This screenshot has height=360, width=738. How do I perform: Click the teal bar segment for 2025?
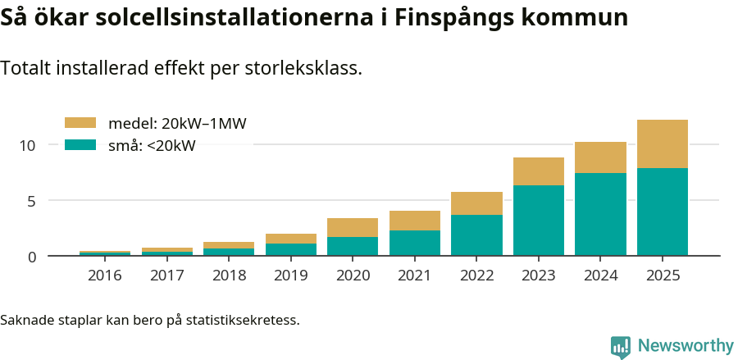point(662,212)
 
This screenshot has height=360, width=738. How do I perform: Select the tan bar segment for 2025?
point(662,144)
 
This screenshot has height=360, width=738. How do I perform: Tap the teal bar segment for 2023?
point(538,221)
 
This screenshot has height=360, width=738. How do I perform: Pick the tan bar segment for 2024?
point(600,157)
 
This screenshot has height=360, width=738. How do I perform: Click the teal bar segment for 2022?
point(476,235)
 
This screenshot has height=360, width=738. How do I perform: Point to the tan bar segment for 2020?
point(353,227)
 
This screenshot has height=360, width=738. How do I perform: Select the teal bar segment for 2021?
point(414,243)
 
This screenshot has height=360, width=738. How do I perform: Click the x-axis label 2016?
point(104,276)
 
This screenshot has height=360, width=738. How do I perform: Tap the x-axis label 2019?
point(290,276)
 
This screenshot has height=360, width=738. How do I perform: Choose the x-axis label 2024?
point(600,276)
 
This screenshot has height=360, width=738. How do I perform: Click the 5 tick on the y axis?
point(32,201)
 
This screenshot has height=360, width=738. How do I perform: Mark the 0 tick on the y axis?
point(32,257)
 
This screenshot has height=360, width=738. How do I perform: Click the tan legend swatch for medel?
point(80,123)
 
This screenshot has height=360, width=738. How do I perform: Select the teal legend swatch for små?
point(80,145)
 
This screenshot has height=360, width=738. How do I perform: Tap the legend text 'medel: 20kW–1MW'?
point(177,123)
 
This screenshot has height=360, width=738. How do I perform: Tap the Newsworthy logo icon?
point(621,346)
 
